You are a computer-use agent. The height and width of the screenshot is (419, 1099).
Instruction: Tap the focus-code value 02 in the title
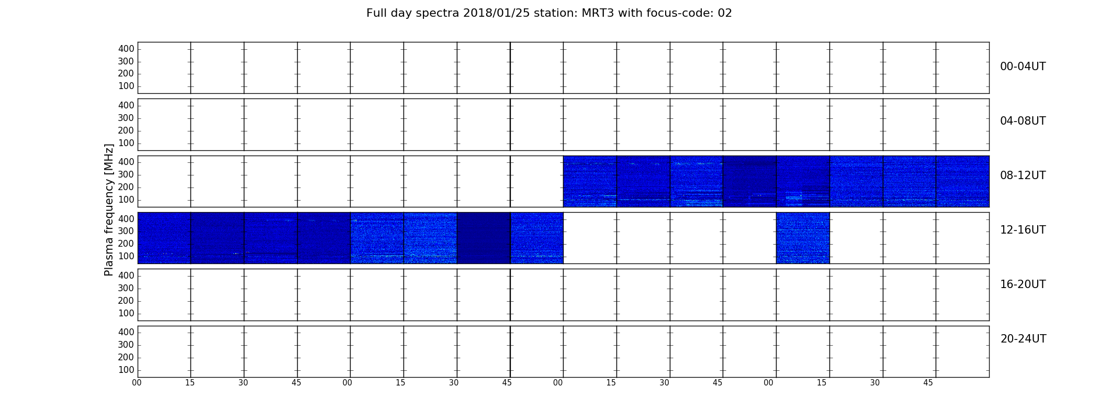coord(724,13)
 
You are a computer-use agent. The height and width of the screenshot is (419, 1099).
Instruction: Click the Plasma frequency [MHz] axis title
coord(109,210)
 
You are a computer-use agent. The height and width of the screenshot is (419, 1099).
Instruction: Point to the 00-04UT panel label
coord(1023,67)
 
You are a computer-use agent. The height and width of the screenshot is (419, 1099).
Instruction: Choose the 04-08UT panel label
coord(1023,121)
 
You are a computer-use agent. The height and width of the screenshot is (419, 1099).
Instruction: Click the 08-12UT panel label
coord(1023,175)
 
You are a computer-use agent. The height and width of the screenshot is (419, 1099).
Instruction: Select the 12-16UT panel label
coord(1023,230)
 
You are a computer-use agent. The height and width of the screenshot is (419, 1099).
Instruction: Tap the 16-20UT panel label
coord(1023,284)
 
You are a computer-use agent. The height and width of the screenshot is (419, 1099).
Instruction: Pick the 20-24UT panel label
coord(1023,339)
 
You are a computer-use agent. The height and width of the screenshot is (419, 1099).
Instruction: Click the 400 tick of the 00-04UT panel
coord(126,49)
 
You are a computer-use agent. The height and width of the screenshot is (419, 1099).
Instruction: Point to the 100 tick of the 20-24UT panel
coord(126,370)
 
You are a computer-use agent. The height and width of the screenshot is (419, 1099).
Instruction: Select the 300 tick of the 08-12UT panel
coord(126,174)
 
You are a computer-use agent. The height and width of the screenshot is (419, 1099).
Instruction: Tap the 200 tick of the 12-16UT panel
coord(126,244)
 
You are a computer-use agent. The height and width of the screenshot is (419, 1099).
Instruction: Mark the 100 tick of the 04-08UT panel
coord(126,143)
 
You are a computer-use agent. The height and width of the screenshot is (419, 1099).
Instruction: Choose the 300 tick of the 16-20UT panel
coord(126,288)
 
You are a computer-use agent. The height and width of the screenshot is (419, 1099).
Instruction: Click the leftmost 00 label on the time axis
coord(137,383)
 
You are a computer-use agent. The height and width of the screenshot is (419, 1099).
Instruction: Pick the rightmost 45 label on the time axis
coord(928,383)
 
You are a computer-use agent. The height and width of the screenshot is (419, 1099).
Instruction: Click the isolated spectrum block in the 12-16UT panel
coord(803,238)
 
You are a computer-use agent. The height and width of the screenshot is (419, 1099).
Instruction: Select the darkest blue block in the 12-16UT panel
coord(484,238)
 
